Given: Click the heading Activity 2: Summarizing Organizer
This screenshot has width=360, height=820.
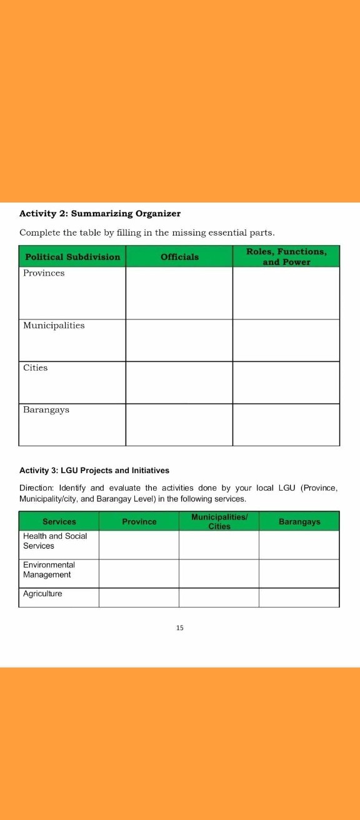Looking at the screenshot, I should pos(100,214).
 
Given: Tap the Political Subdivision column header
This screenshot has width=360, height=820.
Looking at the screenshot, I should pos(72,257).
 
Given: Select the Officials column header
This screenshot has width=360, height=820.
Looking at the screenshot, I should pos(179,257).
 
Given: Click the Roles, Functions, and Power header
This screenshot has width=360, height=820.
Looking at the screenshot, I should pos(286,257).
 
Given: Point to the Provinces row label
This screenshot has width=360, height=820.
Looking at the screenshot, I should pos(44,274).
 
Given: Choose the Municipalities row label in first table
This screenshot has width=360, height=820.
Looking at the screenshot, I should pos(54,326).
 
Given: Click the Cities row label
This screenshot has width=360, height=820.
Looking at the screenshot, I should pos(36,368).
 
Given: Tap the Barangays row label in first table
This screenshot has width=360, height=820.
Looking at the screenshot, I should pos(46,410).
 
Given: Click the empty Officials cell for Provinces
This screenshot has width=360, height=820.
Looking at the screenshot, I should pos(179,293).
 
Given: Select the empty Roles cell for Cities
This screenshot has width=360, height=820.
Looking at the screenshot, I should pos(286,382).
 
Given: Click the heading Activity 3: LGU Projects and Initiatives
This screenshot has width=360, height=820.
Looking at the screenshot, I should pos(94,470).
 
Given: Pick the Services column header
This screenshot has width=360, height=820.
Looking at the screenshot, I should pos(59,522).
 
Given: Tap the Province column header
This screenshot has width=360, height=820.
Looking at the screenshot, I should pos(139,522).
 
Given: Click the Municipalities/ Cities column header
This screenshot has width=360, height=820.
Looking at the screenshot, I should pos(219,522).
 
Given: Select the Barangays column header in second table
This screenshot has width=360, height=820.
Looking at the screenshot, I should pos(299,522).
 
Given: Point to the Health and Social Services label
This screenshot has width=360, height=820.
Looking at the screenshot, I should pos(55,541).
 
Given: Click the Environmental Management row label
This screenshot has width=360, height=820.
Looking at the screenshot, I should pos(49,570).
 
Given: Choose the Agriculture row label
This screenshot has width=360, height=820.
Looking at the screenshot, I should pos(42,594).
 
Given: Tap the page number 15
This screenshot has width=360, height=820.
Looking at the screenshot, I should pos(180,627).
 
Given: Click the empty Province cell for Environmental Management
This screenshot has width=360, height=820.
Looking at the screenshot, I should pos(139,574).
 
